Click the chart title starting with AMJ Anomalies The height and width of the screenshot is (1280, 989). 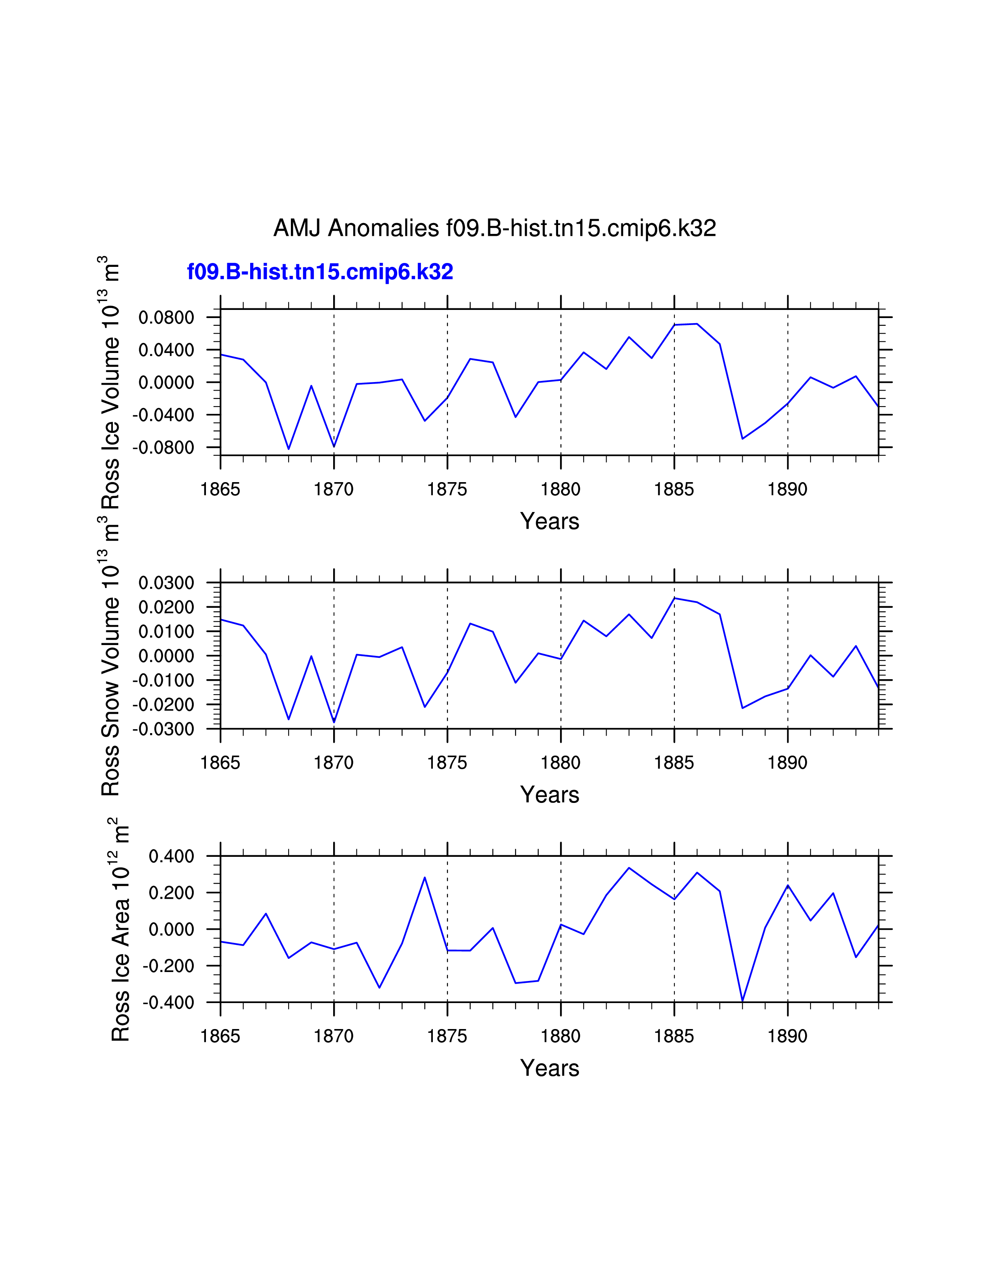[494, 228]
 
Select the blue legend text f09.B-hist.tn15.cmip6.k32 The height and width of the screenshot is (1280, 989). [320, 272]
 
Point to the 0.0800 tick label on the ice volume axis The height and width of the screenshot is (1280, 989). [166, 318]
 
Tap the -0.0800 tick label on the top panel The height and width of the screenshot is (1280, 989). [163, 448]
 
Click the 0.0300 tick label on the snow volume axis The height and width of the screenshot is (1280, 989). [166, 583]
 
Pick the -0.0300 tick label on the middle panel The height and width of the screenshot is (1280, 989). [163, 730]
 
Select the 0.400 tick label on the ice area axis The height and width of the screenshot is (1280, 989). [171, 857]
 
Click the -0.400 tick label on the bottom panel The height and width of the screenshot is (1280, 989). [168, 1003]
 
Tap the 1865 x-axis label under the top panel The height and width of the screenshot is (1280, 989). [220, 490]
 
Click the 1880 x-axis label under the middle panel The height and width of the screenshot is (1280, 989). [561, 763]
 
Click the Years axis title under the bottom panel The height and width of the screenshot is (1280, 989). [550, 1069]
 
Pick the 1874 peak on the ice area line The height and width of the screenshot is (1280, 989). [425, 877]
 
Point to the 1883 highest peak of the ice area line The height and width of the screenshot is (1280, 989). [629, 868]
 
